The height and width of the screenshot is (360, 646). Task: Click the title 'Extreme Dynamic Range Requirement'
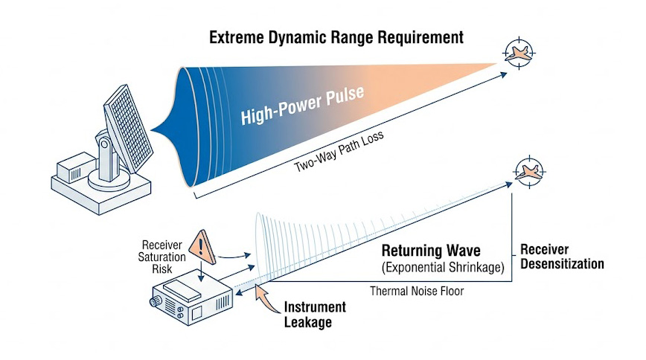click(336, 37)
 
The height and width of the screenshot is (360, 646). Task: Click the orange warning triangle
click(202, 245)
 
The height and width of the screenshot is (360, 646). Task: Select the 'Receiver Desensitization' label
click(561, 257)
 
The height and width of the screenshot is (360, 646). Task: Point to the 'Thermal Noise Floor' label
click(417, 291)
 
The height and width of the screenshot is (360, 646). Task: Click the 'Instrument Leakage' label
click(315, 314)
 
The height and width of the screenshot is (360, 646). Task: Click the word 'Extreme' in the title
click(237, 37)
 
